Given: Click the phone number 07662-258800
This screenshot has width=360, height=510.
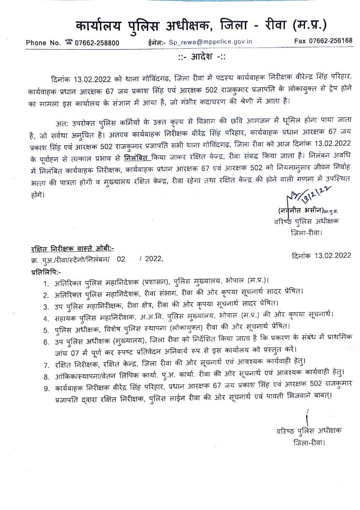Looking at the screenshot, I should (x=97, y=42).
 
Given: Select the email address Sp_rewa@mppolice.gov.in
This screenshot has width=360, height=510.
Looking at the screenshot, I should (x=210, y=42).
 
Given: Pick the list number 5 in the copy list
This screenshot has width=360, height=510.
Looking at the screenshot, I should (x=45, y=326).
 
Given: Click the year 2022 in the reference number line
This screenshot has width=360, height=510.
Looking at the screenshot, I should (x=153, y=259).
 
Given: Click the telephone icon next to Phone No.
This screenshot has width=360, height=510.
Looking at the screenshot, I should (x=69, y=42).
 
